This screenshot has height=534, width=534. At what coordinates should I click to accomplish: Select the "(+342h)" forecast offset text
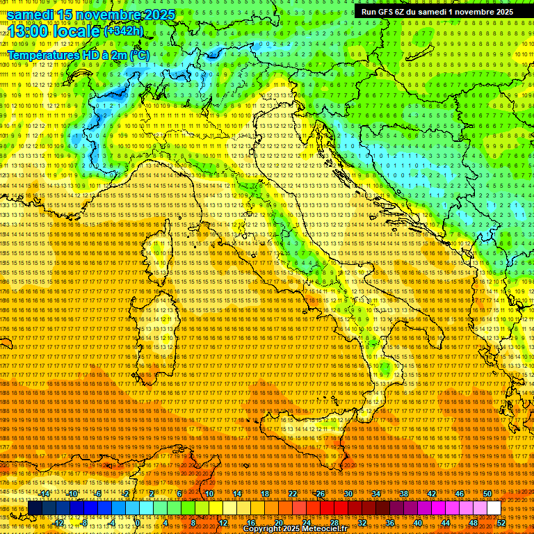[124, 31]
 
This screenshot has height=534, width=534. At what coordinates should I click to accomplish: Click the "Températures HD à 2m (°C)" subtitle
[78, 54]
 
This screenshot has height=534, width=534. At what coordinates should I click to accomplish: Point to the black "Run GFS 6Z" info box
[437, 11]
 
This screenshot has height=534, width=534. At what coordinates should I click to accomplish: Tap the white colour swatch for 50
[494, 508]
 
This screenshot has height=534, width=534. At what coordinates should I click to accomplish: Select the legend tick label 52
[501, 522]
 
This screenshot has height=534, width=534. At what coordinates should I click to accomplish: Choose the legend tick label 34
[375, 494]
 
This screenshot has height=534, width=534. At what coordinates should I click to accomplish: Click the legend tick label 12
[222, 522]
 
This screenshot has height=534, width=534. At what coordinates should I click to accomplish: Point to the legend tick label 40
[417, 522]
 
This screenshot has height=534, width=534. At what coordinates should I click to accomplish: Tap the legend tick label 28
[334, 522]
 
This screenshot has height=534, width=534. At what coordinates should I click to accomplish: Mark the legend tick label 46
[459, 494]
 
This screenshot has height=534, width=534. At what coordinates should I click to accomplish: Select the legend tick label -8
[84, 522]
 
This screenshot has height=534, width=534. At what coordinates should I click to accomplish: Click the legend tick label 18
[264, 494]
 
